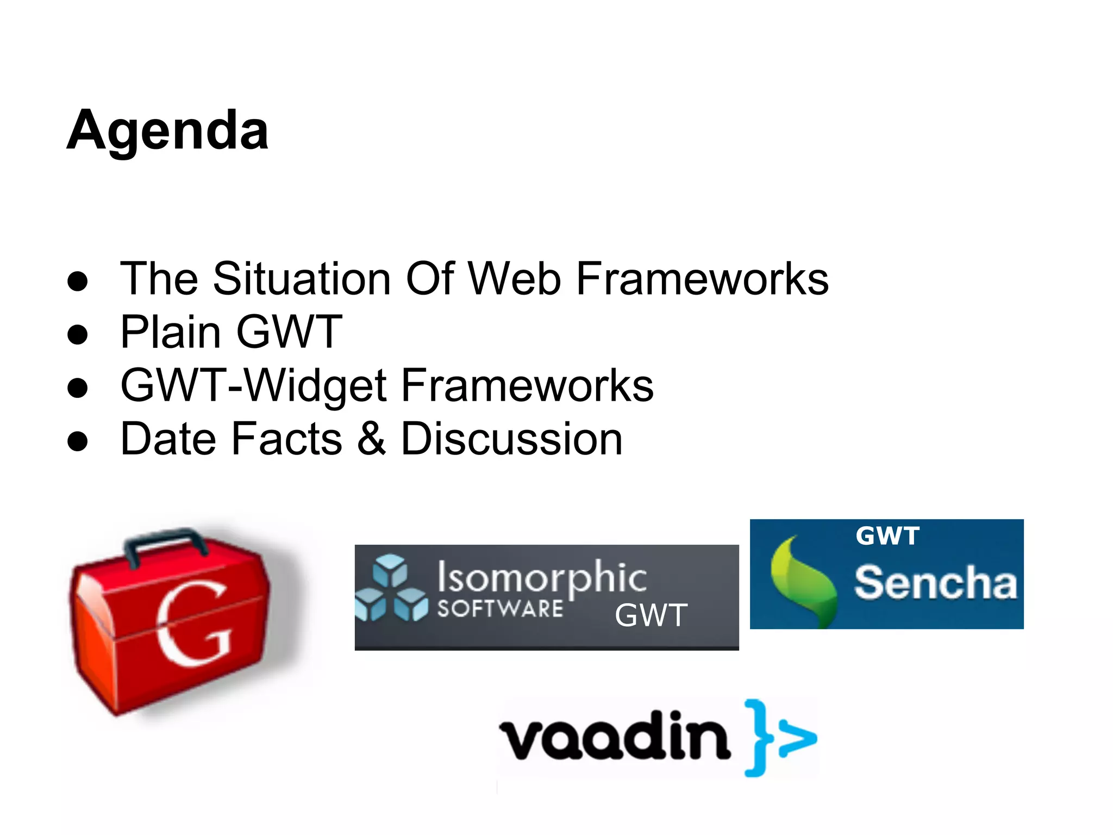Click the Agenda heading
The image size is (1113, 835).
coord(167,130)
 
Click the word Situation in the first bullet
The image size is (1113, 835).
coord(302,278)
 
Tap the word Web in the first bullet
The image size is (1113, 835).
coord(514,278)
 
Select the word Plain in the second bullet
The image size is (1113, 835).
coord(170,332)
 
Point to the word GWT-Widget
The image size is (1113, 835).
coord(253,385)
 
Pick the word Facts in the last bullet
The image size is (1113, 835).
coord(286,438)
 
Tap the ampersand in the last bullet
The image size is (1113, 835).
coord(372,438)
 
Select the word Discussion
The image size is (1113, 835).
coord(511,438)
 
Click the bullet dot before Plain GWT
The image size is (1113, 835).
coord(78,334)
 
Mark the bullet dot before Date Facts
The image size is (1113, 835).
coord(78,441)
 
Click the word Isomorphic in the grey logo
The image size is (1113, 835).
coord(542,577)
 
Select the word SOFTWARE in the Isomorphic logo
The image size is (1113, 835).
coord(500,609)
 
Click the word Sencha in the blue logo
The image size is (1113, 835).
coord(935,583)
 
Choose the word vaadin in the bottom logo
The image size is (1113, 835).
coord(614,736)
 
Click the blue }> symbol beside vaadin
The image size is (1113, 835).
coord(780,738)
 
